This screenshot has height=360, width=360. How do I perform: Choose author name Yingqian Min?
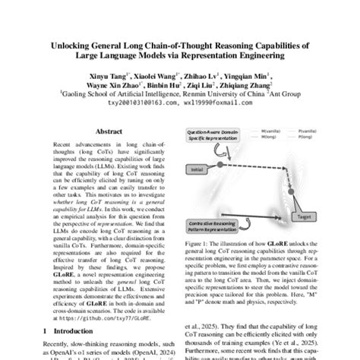pos(244,77)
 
